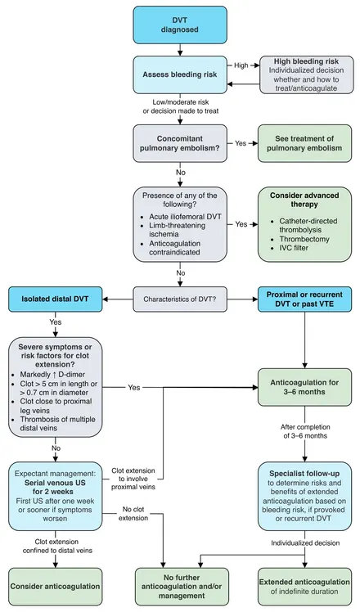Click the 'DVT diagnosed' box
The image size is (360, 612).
(x=180, y=25)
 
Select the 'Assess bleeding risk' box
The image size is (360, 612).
(x=180, y=74)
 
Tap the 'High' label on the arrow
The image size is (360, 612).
(x=241, y=65)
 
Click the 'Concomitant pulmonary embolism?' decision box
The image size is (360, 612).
(x=180, y=143)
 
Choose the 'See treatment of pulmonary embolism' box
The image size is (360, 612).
(x=304, y=143)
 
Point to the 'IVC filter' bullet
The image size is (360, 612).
(x=294, y=248)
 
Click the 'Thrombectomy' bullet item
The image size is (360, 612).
(x=304, y=239)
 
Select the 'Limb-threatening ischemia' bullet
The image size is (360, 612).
(x=178, y=230)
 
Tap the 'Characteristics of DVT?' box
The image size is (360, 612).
(x=180, y=299)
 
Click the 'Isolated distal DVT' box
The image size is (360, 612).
(x=56, y=299)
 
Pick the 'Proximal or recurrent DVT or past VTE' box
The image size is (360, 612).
(x=304, y=299)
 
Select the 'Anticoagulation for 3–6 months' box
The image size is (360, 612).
(x=304, y=387)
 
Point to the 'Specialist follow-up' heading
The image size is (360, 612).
(x=304, y=474)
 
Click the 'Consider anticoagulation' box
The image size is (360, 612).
(x=56, y=587)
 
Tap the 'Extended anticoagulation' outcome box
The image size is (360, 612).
(x=304, y=587)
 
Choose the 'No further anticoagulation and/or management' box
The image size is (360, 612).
(x=182, y=587)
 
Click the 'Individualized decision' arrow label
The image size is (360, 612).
(x=305, y=543)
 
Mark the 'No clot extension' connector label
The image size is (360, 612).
(x=133, y=514)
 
